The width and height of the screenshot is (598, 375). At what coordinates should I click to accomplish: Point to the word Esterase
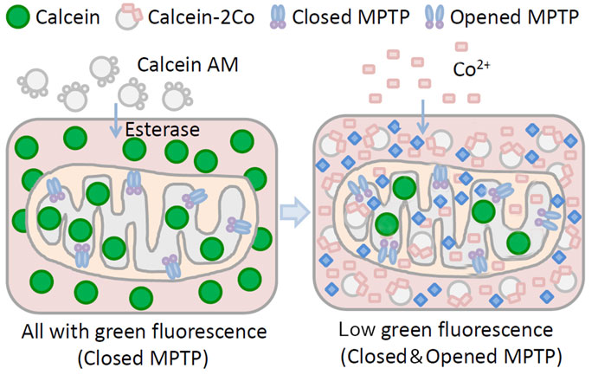tap(163, 130)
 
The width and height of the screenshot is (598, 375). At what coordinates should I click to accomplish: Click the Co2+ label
tap(470, 66)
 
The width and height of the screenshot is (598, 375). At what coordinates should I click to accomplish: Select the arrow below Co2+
tap(422, 108)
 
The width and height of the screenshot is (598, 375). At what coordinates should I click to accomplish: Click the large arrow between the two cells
tap(297, 213)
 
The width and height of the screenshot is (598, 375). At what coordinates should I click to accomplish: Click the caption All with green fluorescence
tap(141, 330)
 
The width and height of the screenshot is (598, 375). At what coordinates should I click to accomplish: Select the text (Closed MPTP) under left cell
tap(141, 354)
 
